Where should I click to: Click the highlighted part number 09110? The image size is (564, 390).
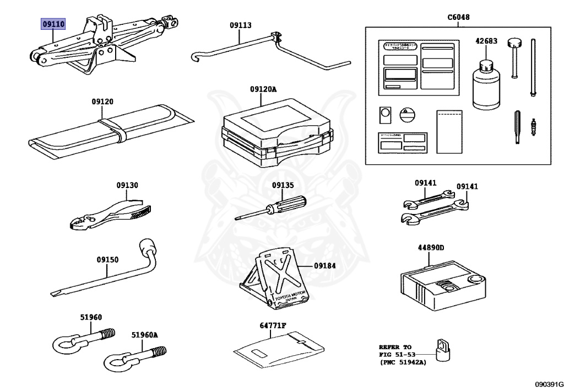click(x=53, y=25)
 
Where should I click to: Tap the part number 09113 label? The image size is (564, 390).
click(x=240, y=25)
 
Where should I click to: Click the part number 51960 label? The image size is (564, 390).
click(x=91, y=317)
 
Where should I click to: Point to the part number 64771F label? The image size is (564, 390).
click(x=273, y=325)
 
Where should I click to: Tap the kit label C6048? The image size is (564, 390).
click(x=458, y=17)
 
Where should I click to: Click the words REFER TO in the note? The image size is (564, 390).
click(x=395, y=347)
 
